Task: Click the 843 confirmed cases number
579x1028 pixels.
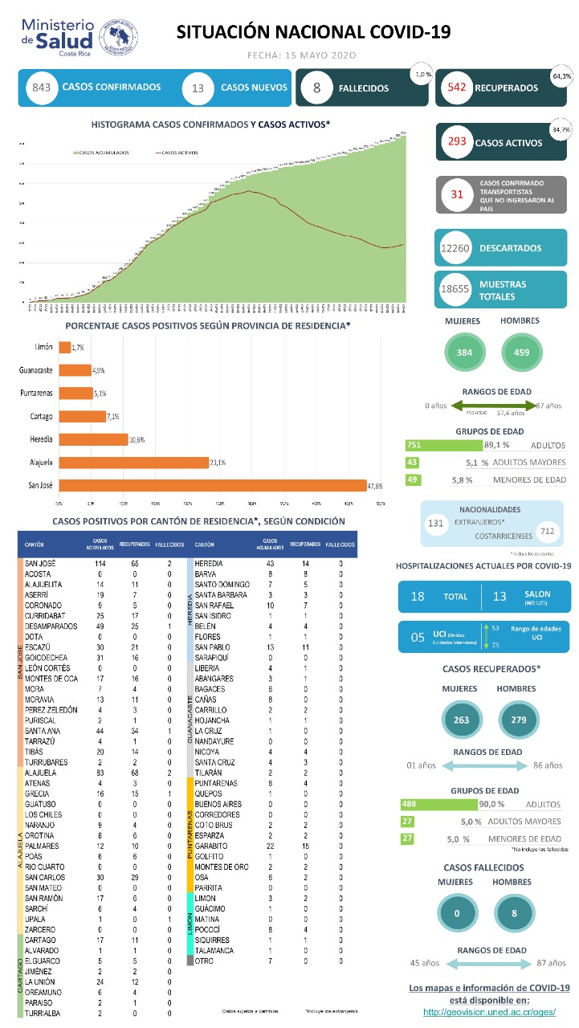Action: [42, 88]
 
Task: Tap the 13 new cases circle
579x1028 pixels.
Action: [198, 88]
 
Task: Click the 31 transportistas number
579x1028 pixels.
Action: [458, 194]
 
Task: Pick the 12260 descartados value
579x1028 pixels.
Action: [455, 249]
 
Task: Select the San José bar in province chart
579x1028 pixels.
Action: [212, 485]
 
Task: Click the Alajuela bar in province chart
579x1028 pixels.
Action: [133, 462]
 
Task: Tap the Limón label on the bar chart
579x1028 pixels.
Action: [43, 347]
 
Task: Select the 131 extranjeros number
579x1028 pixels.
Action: [436, 523]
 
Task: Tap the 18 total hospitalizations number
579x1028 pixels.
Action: [418, 597]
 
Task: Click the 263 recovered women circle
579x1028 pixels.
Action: [462, 720]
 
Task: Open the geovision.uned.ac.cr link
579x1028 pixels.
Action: [489, 1011]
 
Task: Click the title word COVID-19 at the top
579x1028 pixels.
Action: [410, 31]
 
